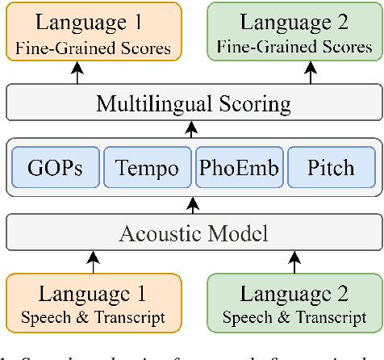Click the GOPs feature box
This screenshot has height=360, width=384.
click(x=55, y=168)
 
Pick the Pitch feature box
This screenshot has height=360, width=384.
click(x=331, y=168)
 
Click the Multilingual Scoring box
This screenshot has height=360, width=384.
click(x=191, y=103)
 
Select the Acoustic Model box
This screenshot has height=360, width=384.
click(x=191, y=234)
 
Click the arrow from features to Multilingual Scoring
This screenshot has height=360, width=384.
click(x=191, y=128)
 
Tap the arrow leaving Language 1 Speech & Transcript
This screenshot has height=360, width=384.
click(x=94, y=263)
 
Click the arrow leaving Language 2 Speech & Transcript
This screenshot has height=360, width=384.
click(x=290, y=263)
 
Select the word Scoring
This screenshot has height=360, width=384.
click(x=248, y=103)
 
